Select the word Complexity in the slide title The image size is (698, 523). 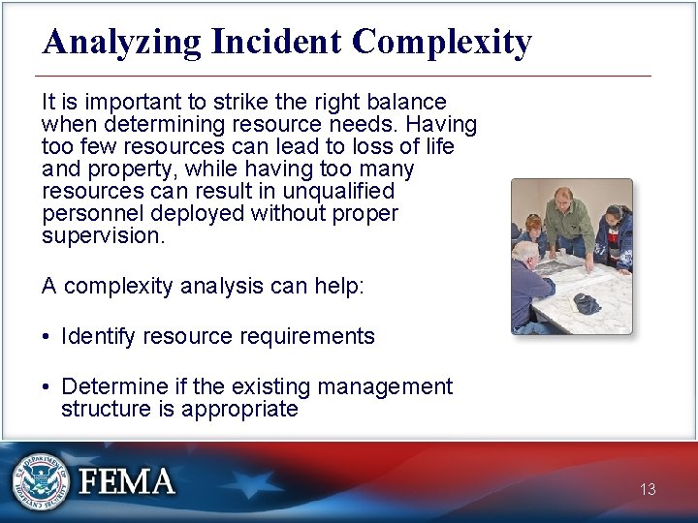coord(442,43)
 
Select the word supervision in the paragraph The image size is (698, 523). coord(101,236)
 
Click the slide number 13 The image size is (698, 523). coord(648,490)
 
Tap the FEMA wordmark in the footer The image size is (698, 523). coord(127,481)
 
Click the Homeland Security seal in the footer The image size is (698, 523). coord(41,481)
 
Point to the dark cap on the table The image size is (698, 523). coord(587,303)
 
